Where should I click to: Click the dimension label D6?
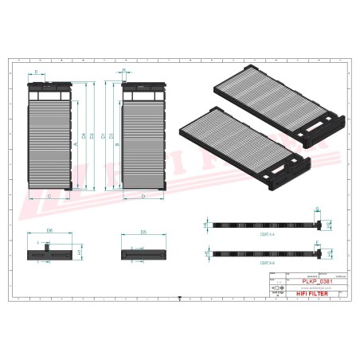point(49,230)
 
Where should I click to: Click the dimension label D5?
point(143,231)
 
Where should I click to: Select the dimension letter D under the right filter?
point(142,195)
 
